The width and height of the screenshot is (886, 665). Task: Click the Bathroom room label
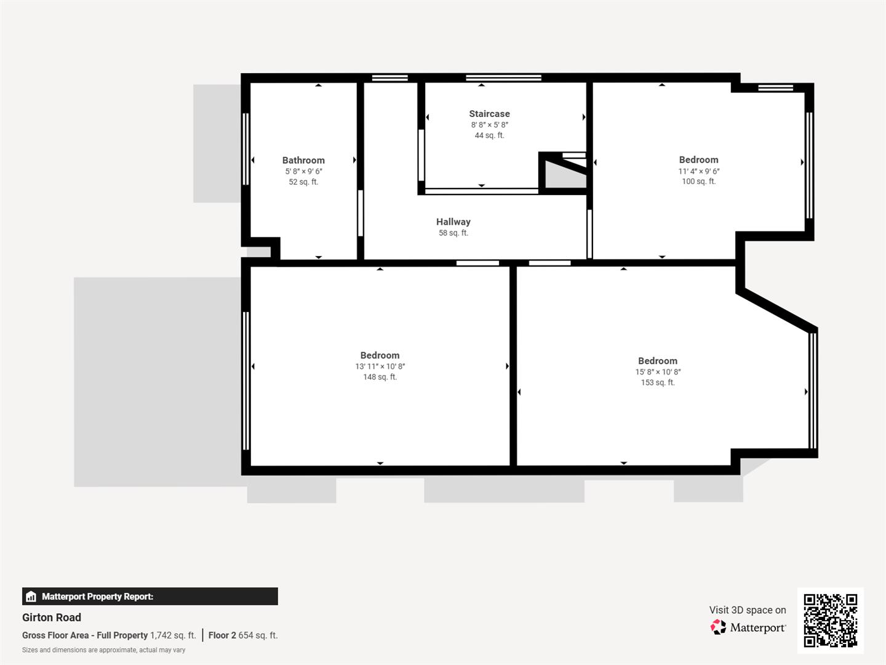pos(303,160)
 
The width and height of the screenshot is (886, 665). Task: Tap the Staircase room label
pos(489,114)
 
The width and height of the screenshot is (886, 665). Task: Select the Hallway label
pos(453,222)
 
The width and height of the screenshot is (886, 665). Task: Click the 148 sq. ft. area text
pos(380,377)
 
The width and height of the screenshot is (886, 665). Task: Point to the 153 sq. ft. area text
pos(658,382)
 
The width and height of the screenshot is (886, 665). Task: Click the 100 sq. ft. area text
pos(698,181)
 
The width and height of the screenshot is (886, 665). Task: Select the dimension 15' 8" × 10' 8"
pos(658,372)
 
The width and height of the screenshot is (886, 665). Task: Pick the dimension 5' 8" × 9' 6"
pos(303,171)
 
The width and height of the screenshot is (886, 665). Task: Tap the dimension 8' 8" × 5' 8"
pos(489,125)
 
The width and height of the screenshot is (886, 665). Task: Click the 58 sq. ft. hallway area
pos(453,233)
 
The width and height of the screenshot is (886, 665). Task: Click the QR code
pos(830,620)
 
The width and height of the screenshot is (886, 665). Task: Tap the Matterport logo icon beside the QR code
pos(718,627)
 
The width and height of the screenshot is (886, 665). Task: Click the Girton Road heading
pos(52,618)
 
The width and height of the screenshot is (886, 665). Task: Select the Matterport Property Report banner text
pos(97,596)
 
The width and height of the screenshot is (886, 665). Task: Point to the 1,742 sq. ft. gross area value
pos(173,635)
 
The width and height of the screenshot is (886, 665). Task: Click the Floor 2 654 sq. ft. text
pos(243,635)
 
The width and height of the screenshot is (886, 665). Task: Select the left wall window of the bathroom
pos(245,149)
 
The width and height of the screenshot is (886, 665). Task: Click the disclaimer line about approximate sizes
pos(103,650)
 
